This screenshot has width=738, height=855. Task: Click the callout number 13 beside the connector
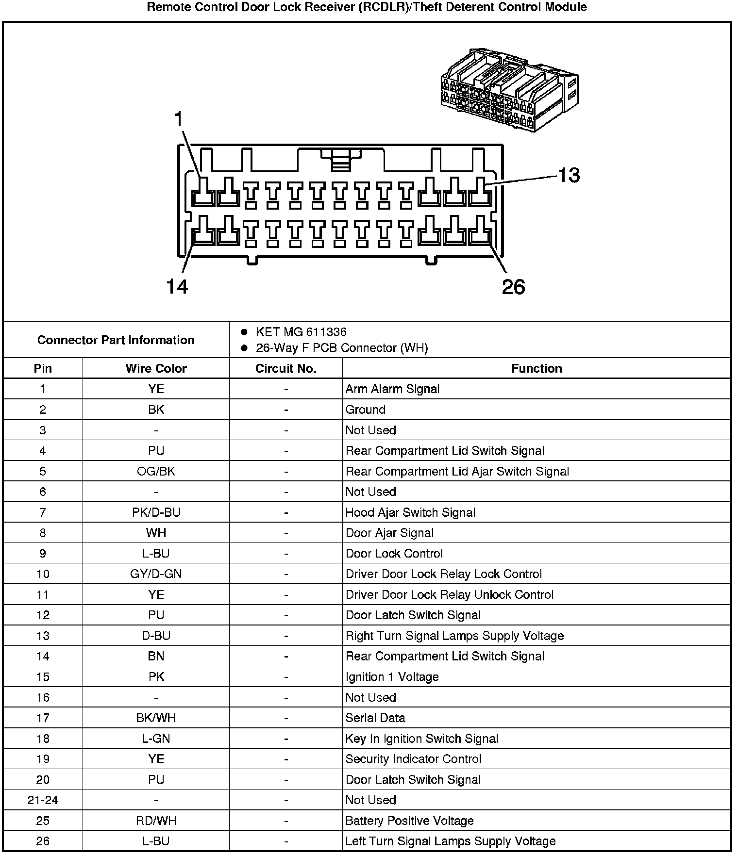tap(569, 175)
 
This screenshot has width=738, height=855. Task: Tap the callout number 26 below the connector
tap(513, 287)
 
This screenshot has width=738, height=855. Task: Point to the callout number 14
tap(177, 287)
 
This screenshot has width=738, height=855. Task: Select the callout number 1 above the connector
tap(179, 119)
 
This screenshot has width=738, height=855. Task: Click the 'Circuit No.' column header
tap(285, 368)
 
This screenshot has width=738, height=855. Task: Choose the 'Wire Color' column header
tap(156, 368)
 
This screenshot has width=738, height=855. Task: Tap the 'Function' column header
tap(536, 368)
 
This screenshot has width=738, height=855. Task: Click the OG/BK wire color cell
tap(156, 471)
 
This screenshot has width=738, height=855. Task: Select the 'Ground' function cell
tap(365, 410)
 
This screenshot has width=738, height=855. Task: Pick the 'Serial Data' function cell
tap(375, 718)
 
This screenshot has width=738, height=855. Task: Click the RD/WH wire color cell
tap(156, 821)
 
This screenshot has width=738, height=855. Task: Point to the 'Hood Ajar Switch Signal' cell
tap(410, 512)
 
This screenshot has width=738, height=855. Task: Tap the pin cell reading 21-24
tap(43, 800)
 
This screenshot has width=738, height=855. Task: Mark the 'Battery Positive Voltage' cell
tap(409, 821)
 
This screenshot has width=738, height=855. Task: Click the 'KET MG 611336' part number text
tap(301, 332)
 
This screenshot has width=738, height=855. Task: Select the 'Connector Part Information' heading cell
tap(116, 340)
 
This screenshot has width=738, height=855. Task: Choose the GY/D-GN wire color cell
tap(156, 574)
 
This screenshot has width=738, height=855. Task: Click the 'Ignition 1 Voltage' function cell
tap(392, 677)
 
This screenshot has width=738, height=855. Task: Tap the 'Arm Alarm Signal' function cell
tap(392, 389)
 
